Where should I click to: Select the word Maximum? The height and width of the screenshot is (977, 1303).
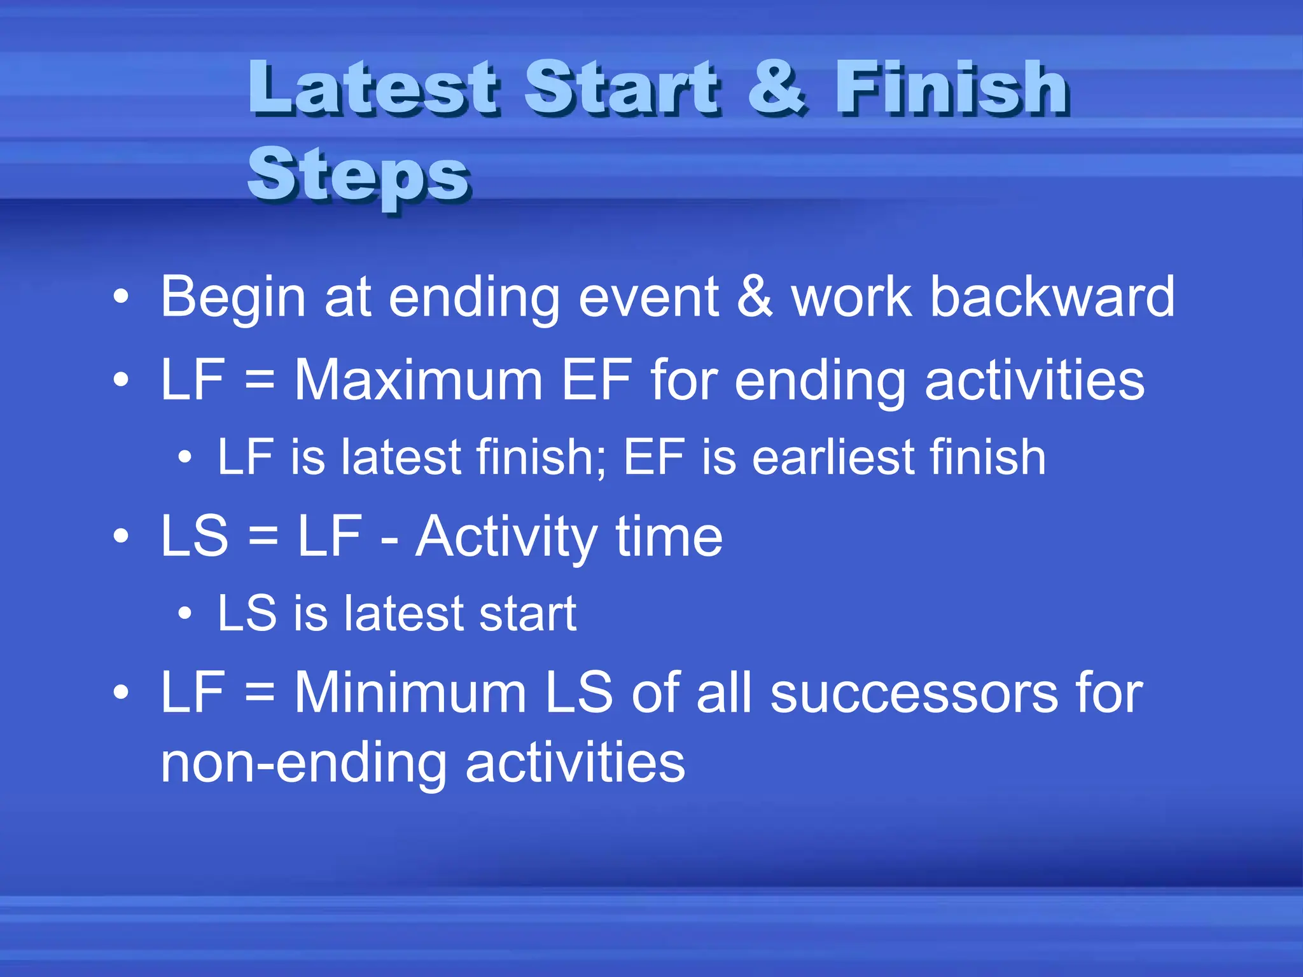pos(418,380)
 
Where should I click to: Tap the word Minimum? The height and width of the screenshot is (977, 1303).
pos(410,693)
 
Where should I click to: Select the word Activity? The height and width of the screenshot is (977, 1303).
pos(506,537)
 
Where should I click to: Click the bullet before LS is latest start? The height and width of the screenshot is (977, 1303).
pos(185,613)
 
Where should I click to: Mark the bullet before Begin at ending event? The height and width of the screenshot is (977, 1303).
pos(121,297)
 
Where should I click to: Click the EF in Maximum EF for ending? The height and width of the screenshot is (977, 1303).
pos(597,380)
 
